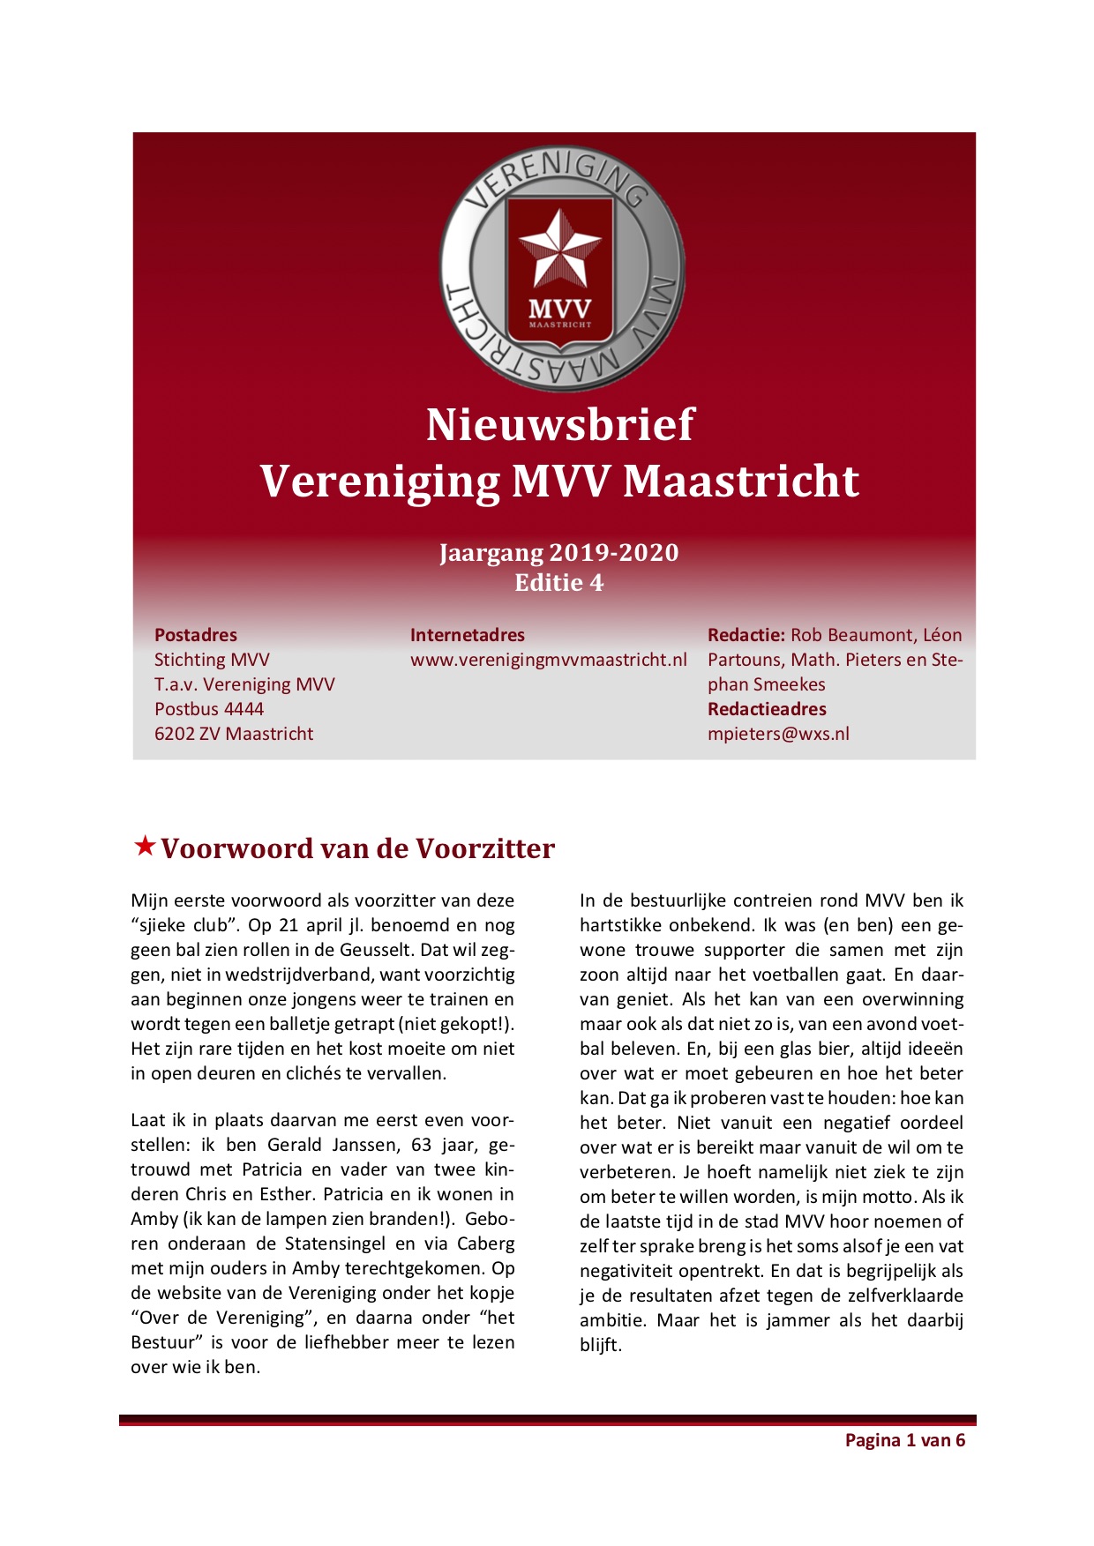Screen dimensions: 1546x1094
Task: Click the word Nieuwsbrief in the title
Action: click(x=560, y=424)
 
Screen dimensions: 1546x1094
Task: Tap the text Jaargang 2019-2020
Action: click(x=559, y=553)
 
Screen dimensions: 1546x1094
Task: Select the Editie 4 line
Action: click(x=559, y=583)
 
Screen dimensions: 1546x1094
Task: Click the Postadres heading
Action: click(x=196, y=635)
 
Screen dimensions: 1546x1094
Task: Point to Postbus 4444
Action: click(x=209, y=709)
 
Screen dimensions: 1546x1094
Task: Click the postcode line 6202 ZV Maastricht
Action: click(x=234, y=734)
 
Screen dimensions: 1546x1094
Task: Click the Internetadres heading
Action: click(x=467, y=635)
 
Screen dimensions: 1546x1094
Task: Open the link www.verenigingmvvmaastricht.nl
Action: click(x=548, y=660)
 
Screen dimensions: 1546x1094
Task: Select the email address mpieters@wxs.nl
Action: click(x=778, y=734)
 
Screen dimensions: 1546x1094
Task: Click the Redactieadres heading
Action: click(x=767, y=709)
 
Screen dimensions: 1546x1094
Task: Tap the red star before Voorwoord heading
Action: click(x=145, y=847)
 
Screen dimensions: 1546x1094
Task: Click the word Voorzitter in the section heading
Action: click(x=485, y=848)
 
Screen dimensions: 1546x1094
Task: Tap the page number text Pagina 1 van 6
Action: click(x=904, y=1440)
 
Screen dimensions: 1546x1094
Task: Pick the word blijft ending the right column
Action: click(x=600, y=1346)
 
